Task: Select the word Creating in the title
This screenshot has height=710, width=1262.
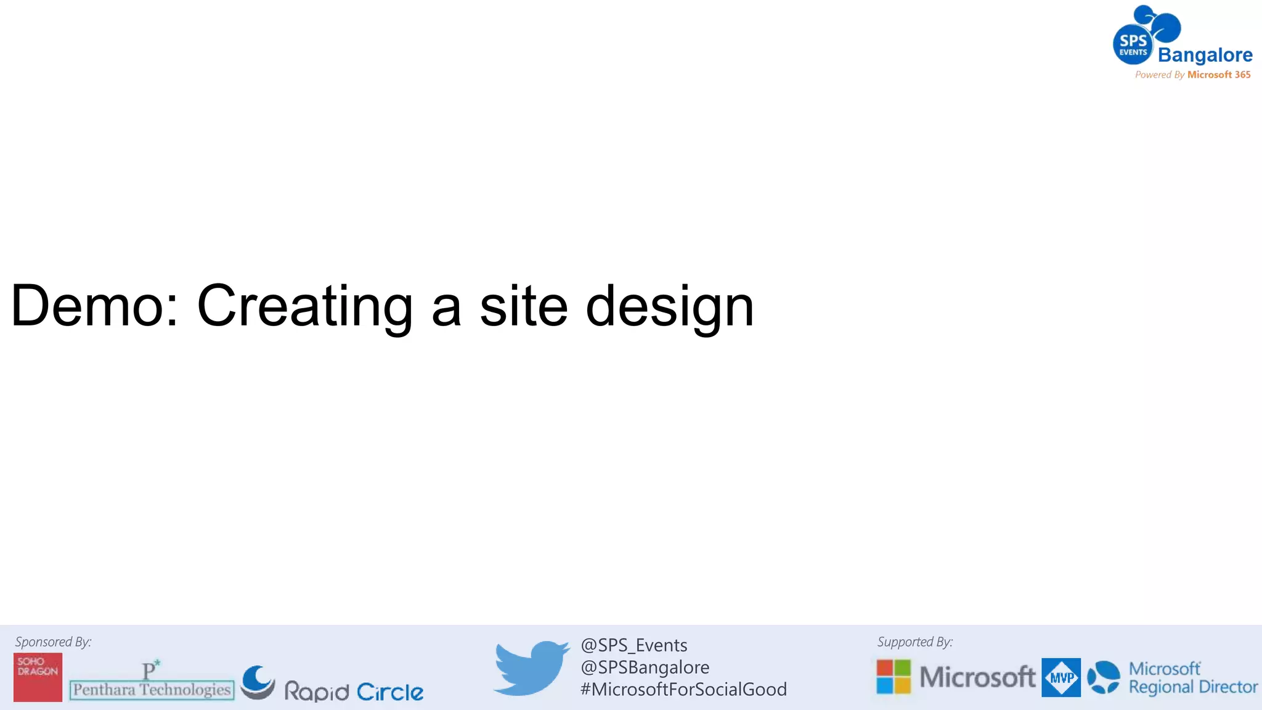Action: pos(304,307)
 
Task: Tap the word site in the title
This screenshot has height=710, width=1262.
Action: pos(523,306)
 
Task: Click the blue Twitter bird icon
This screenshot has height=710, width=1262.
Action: pos(531,667)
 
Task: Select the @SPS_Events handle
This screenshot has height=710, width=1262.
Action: pos(633,645)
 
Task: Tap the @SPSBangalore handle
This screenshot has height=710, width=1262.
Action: pos(645,667)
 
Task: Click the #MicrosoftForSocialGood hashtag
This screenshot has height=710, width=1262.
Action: pos(683,689)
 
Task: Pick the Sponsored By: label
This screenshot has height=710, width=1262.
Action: pos(53,642)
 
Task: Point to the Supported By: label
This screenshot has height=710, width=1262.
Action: pos(914,642)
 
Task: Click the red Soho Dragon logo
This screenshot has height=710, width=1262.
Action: pos(38,677)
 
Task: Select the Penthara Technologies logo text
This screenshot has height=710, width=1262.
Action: pos(152,689)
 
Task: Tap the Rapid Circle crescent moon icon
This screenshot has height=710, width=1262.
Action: pos(258,682)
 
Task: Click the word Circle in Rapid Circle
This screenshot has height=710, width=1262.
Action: pos(390,692)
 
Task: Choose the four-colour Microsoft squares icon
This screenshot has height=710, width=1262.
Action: pos(894,677)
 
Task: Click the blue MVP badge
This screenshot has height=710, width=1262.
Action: pos(1060,677)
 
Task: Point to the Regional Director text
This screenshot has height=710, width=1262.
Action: pos(1192,687)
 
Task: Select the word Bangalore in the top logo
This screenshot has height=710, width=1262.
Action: pos(1205,55)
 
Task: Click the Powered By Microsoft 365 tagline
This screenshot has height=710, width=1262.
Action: pos(1192,75)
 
